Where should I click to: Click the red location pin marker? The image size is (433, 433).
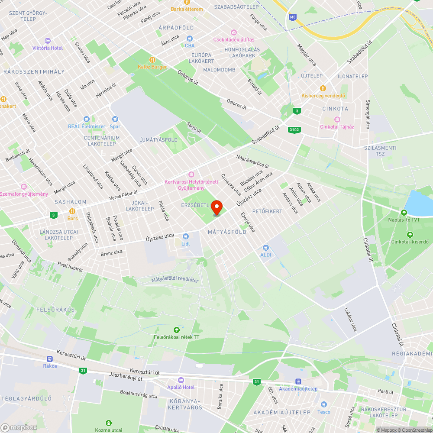tap(216, 207)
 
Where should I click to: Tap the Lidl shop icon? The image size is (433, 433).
tap(186, 236)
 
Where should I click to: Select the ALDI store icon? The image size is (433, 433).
tap(266, 247)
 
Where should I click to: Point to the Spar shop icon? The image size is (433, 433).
tap(115, 119)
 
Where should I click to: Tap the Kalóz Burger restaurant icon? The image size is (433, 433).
tap(152, 59)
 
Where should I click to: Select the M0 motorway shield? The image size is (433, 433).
tap(293, 17)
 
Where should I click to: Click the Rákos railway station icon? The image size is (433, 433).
tap(50, 359)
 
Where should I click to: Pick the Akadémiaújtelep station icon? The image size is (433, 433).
tap(298, 381)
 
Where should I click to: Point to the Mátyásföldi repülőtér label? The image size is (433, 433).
tap(175, 280)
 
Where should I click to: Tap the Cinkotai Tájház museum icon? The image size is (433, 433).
tap(337, 120)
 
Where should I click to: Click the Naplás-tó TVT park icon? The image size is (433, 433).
tap(404, 212)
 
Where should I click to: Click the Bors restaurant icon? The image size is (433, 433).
tap(72, 211)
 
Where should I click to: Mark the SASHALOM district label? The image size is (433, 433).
tap(71, 202)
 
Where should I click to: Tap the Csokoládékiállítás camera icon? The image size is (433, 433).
tap(233, 32)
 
